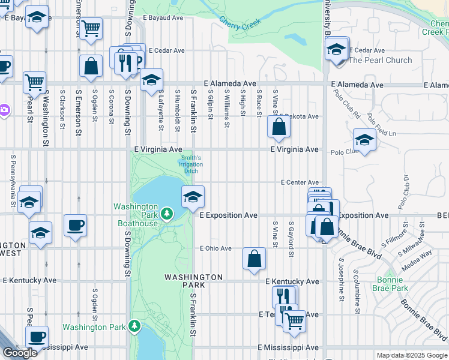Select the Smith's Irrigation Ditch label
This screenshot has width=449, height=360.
(190, 164)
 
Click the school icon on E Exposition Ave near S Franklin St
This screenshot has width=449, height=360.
(192, 196)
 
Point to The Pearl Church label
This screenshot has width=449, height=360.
(381, 60)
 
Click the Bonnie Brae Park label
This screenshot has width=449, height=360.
(393, 284)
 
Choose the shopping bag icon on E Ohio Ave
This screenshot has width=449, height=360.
(255, 258)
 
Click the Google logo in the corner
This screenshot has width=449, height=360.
(20, 353)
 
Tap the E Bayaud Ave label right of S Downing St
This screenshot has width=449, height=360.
(166, 18)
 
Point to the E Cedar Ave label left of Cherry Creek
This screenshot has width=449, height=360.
(166, 50)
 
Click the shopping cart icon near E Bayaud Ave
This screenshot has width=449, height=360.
(91, 28)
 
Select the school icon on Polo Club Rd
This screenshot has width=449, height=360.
(364, 140)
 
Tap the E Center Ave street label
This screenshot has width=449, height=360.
(300, 182)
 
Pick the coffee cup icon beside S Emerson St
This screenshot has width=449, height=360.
(75, 226)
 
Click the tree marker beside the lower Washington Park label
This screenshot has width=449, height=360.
(135, 326)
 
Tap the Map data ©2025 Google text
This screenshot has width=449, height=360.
(412, 355)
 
